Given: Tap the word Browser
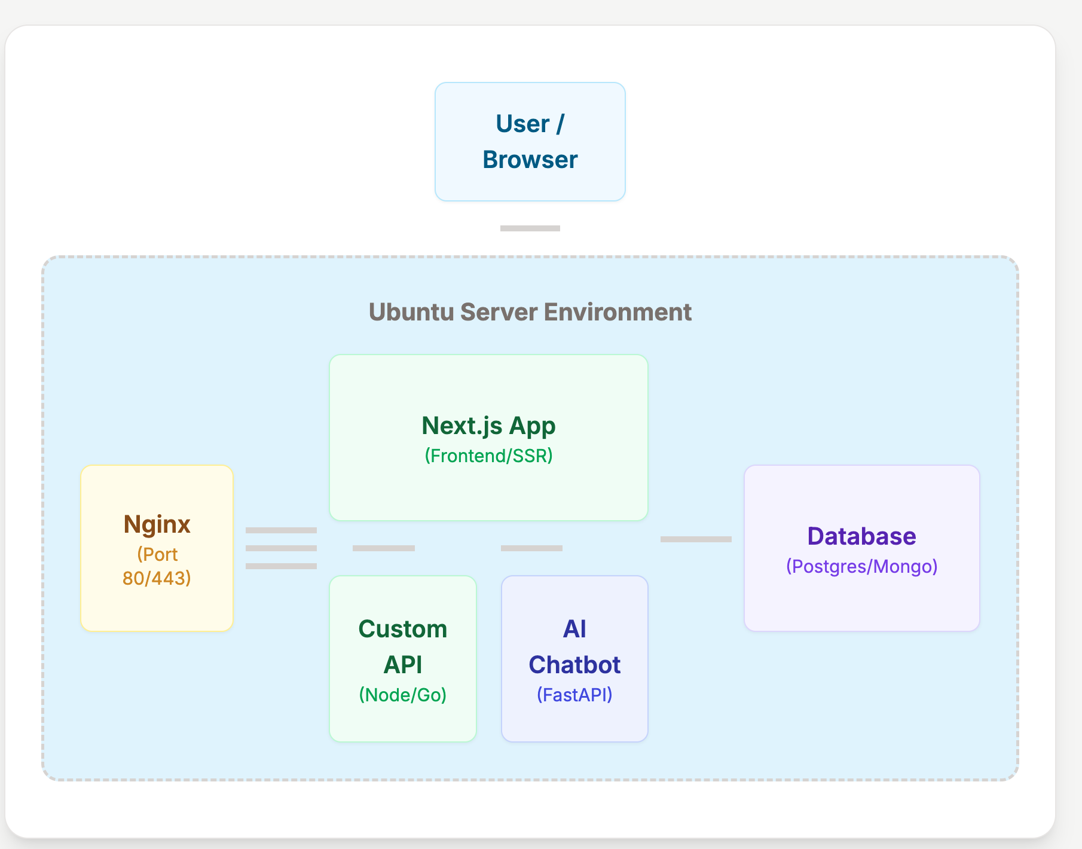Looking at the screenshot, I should (x=530, y=160).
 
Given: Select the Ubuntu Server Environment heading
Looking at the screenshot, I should (x=530, y=312).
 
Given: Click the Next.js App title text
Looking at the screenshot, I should (x=488, y=426).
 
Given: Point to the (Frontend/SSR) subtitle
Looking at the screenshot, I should (x=488, y=456).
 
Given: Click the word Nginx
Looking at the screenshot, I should (x=157, y=524).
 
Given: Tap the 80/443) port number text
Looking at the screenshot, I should (x=157, y=578).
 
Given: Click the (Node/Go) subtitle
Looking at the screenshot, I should (x=402, y=695).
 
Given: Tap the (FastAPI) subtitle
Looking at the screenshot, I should (x=574, y=695).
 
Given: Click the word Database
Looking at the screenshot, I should (x=861, y=536).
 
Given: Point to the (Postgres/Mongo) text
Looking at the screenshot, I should (x=861, y=566).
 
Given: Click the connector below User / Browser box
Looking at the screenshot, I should (x=530, y=228).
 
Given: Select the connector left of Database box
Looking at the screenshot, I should (x=696, y=539).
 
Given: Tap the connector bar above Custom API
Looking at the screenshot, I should (x=383, y=548).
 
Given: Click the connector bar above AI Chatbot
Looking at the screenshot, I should (x=531, y=548).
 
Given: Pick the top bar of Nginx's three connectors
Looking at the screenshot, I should (x=281, y=530).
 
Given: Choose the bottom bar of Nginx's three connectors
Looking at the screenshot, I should (x=281, y=566).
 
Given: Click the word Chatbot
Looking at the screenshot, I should (x=574, y=665).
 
